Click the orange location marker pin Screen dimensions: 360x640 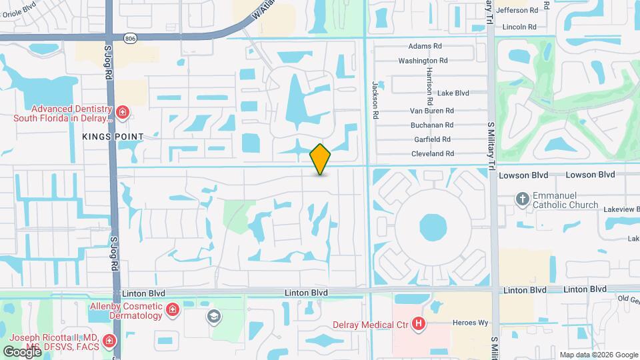coord(321,159)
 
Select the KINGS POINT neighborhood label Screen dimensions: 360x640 coord(113,136)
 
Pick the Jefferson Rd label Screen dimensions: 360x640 coord(517,11)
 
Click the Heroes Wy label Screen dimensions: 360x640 coord(470,323)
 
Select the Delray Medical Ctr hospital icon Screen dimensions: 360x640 coord(419,325)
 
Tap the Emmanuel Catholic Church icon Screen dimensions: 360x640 coord(523,199)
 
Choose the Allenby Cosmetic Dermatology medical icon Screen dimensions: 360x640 coord(172,310)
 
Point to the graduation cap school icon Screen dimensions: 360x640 coord(213,315)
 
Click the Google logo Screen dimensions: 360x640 coord(22,351)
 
